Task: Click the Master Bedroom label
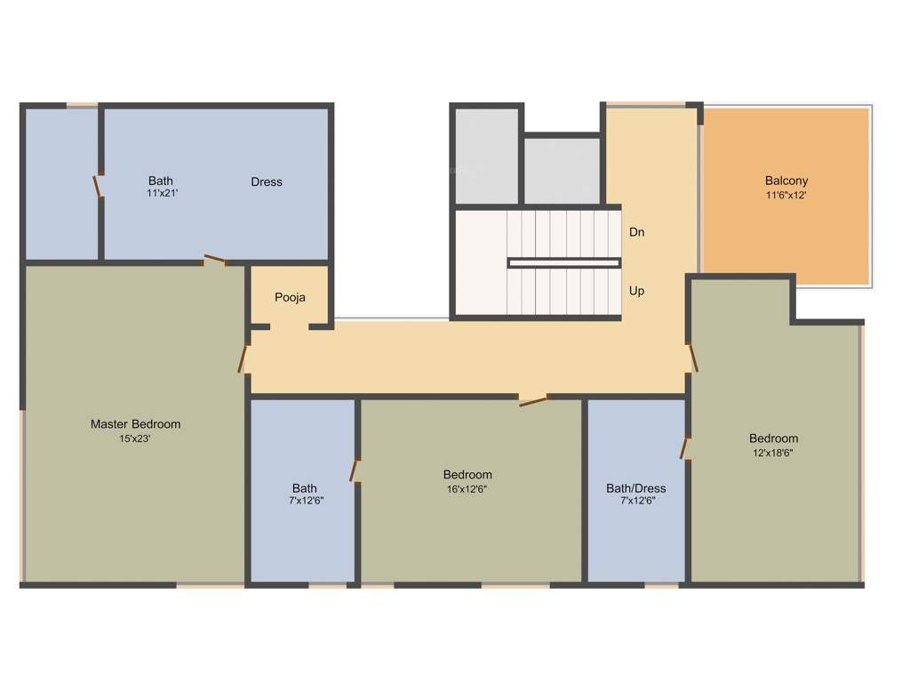pyautogui.click(x=135, y=424)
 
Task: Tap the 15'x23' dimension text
pyautogui.click(x=135, y=438)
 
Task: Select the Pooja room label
pyautogui.click(x=290, y=297)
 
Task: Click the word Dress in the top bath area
pyautogui.click(x=267, y=181)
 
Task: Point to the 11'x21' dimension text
pyautogui.click(x=163, y=193)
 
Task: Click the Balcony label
pyautogui.click(x=786, y=181)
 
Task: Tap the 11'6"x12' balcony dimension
pyautogui.click(x=786, y=196)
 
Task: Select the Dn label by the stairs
pyautogui.click(x=636, y=232)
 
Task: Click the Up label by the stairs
pyautogui.click(x=636, y=291)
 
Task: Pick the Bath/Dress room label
pyautogui.click(x=635, y=488)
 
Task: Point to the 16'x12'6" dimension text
pyautogui.click(x=467, y=489)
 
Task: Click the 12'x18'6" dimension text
pyautogui.click(x=773, y=453)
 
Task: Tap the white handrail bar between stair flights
pyautogui.click(x=563, y=262)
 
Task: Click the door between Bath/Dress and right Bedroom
pyautogui.click(x=685, y=447)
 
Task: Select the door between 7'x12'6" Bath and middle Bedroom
pyautogui.click(x=355, y=470)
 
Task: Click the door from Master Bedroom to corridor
pyautogui.click(x=243, y=358)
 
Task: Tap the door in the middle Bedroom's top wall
pyautogui.click(x=532, y=401)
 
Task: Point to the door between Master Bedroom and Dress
pyautogui.click(x=214, y=261)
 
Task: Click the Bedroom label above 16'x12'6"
pyautogui.click(x=467, y=475)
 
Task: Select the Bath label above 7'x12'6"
pyautogui.click(x=304, y=488)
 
